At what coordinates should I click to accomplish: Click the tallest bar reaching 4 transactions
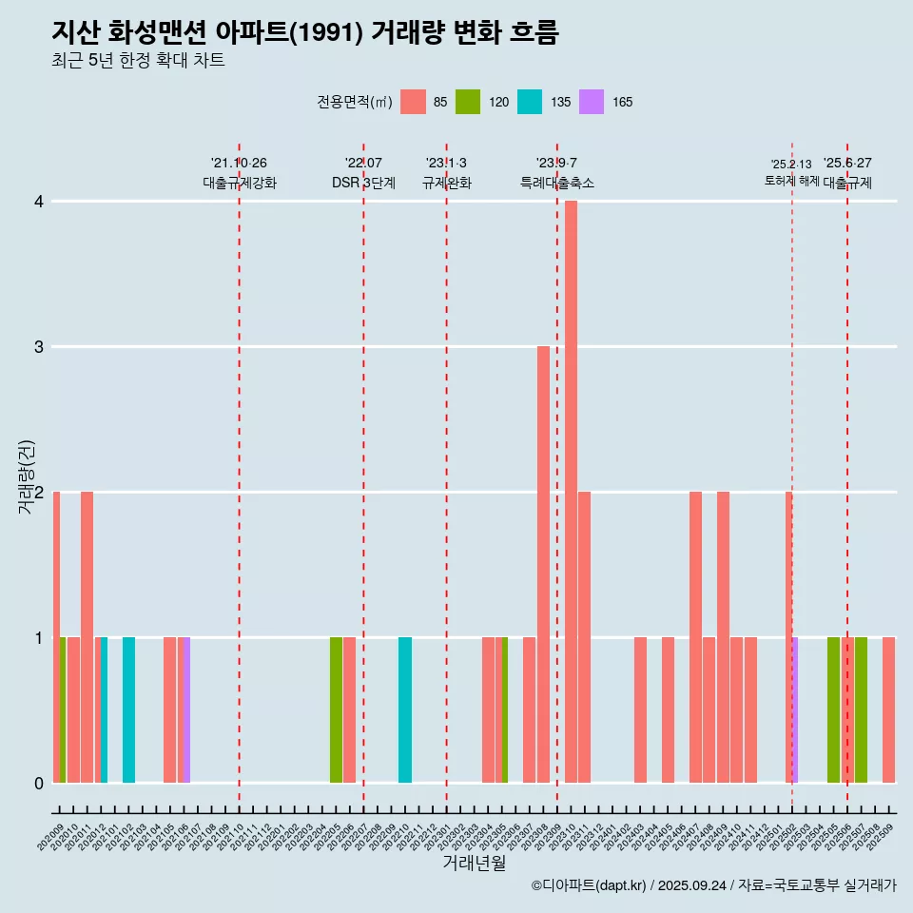tap(571, 492)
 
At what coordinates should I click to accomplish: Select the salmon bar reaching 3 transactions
tap(543, 564)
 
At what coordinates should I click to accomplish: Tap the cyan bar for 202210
tap(405, 709)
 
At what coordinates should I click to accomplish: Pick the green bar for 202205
tap(336, 709)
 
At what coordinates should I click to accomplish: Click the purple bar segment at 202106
tap(187, 709)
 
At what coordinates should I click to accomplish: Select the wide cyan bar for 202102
tap(128, 709)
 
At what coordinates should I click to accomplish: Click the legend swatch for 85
tap(413, 102)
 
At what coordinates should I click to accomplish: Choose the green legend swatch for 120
tap(468, 102)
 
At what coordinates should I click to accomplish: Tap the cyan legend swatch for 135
tap(530, 102)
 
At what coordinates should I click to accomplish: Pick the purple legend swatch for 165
tap(592, 102)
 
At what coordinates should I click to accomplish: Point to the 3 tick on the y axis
tap(39, 346)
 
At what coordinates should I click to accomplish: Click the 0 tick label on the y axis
tap(39, 783)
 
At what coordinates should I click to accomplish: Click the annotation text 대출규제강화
tap(240, 183)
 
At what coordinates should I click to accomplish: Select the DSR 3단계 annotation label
tap(363, 183)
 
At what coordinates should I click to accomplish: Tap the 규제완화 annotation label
tap(447, 183)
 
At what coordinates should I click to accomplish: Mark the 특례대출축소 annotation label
tap(557, 183)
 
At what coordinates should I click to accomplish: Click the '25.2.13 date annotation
tap(791, 164)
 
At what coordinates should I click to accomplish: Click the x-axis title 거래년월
tap(474, 863)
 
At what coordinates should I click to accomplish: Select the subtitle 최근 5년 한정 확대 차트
tap(138, 61)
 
